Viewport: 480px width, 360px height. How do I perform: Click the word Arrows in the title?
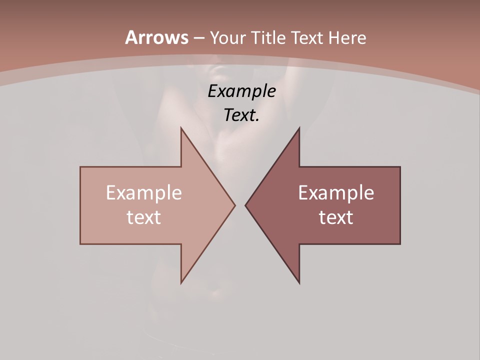click(x=156, y=37)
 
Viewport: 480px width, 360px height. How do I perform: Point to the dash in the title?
click(x=199, y=38)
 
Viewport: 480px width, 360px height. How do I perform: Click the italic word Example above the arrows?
click(x=241, y=91)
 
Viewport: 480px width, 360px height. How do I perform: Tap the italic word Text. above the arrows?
click(x=241, y=115)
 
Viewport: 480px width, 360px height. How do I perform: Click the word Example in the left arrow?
click(x=144, y=192)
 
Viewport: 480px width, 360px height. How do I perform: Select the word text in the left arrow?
click(x=144, y=217)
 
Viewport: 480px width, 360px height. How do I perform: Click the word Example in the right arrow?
click(x=336, y=192)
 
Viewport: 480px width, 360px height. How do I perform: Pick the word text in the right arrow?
click(x=336, y=217)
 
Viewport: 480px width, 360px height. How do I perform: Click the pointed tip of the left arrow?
click(x=235, y=205)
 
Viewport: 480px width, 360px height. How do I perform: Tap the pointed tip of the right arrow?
click(x=245, y=205)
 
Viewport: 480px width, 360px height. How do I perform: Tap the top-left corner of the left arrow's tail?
click(x=81, y=167)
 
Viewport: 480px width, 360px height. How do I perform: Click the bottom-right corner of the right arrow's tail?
click(x=399, y=243)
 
